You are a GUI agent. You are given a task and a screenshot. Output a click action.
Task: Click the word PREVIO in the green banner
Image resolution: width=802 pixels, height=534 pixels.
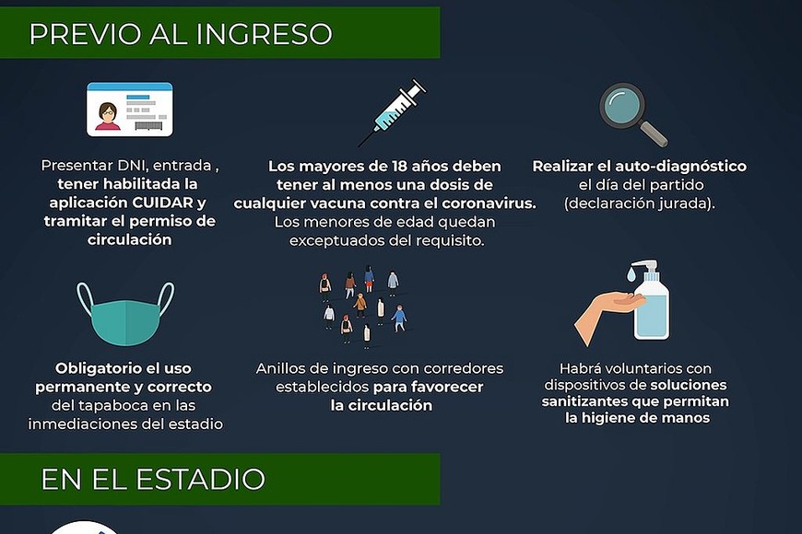click(x=85, y=34)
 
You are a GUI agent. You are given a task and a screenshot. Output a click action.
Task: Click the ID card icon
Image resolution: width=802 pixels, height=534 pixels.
click(x=130, y=110)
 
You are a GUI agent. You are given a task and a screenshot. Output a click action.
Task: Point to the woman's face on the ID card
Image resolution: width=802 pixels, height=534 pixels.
click(x=108, y=112)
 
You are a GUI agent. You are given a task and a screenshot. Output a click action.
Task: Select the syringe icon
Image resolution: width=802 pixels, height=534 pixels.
click(x=393, y=112)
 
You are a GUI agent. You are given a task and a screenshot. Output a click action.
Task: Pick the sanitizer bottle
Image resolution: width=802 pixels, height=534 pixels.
click(x=651, y=300)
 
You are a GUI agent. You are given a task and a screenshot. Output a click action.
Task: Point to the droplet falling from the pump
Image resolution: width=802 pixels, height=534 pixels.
click(x=631, y=275)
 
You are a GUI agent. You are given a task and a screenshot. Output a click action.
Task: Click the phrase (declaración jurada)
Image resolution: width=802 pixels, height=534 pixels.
click(x=640, y=203)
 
